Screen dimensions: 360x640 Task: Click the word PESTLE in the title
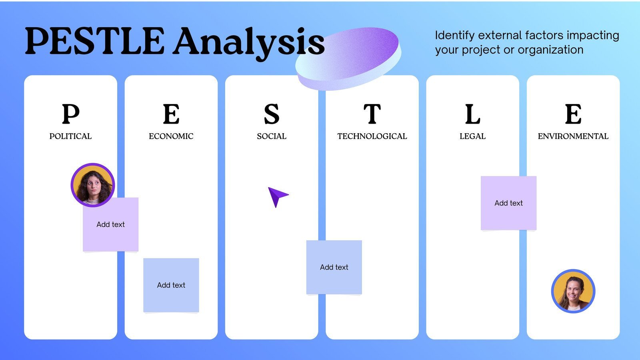(94, 41)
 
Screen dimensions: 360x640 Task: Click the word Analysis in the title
(249, 42)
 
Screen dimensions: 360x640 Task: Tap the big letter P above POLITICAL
(70, 114)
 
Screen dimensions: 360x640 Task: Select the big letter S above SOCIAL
(272, 114)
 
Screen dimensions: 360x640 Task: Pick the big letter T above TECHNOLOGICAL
(372, 114)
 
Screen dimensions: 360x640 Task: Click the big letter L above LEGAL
(472, 114)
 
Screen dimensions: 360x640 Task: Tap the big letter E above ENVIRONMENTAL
(573, 114)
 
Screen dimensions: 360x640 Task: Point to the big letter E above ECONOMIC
(171, 114)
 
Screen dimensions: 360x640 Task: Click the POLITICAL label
(70, 136)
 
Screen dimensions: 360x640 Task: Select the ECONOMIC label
(171, 136)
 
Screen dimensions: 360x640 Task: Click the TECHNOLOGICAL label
(372, 136)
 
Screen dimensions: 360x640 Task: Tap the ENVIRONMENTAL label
(573, 136)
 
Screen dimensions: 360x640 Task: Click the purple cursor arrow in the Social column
(277, 196)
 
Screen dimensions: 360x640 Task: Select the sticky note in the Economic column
(171, 285)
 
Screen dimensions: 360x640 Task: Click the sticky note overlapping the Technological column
(334, 267)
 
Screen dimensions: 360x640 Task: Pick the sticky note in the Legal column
(508, 203)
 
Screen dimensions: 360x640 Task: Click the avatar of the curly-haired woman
(93, 185)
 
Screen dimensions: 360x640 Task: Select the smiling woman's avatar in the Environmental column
(573, 291)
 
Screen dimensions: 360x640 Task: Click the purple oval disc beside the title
(348, 58)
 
